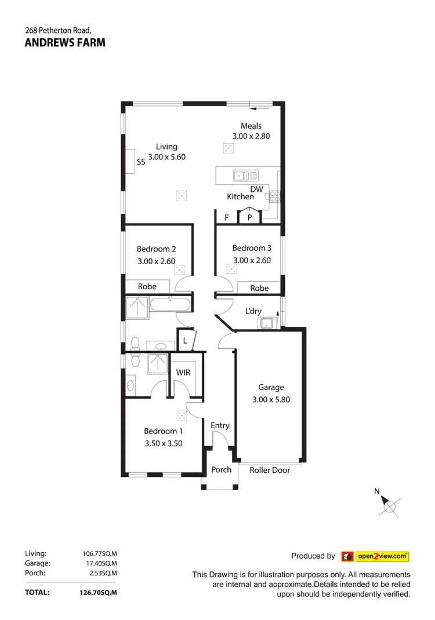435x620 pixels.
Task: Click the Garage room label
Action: click(x=271, y=388)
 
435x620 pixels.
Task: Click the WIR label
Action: click(x=183, y=373)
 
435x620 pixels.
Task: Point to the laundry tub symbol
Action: click(x=267, y=323)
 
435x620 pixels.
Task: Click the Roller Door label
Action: click(x=270, y=470)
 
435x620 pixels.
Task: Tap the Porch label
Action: click(x=222, y=469)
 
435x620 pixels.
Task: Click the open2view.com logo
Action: click(x=375, y=556)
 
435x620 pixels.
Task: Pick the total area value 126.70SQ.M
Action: click(x=99, y=593)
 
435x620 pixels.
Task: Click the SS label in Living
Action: click(x=141, y=163)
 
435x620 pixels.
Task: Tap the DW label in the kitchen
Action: click(x=257, y=189)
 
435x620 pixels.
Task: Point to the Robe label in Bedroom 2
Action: click(x=147, y=286)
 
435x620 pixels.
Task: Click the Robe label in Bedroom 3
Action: click(x=259, y=288)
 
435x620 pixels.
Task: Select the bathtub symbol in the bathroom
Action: click(x=170, y=305)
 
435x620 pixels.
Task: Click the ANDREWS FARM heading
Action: click(x=65, y=42)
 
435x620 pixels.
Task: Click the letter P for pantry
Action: click(x=250, y=218)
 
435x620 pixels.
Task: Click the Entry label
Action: click(x=220, y=426)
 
